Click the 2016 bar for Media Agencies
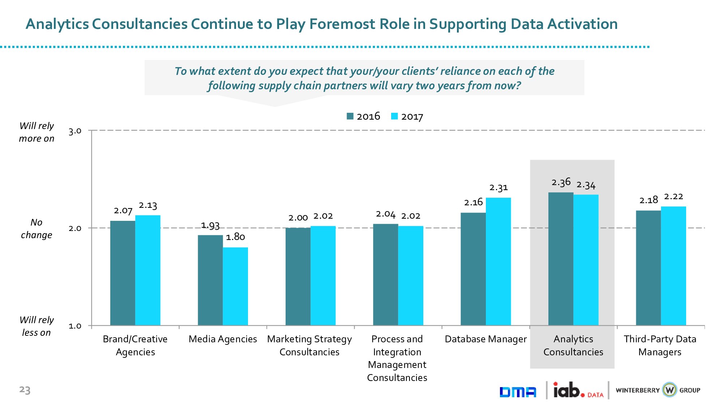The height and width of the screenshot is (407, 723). [x=210, y=280]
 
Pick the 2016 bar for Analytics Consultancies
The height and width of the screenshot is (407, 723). [x=561, y=259]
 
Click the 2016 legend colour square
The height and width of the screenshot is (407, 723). [x=350, y=116]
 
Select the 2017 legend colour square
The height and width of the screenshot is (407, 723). [x=394, y=116]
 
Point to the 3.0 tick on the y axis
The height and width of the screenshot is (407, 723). [x=75, y=131]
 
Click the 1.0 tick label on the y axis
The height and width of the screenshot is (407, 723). [x=75, y=326]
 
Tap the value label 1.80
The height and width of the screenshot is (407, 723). [x=235, y=237]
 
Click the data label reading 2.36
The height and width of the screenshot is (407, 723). [x=561, y=182]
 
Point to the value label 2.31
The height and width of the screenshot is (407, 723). [x=499, y=188]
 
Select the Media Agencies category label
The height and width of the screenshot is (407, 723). [x=223, y=339]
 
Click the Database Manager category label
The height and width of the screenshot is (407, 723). [x=485, y=339]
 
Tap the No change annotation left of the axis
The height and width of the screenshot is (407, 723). [x=37, y=228]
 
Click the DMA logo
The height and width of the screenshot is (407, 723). [x=518, y=392]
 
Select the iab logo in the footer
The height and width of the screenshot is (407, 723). [x=569, y=390]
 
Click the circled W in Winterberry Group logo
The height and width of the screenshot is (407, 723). [x=669, y=390]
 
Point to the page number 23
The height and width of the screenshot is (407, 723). [x=25, y=390]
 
